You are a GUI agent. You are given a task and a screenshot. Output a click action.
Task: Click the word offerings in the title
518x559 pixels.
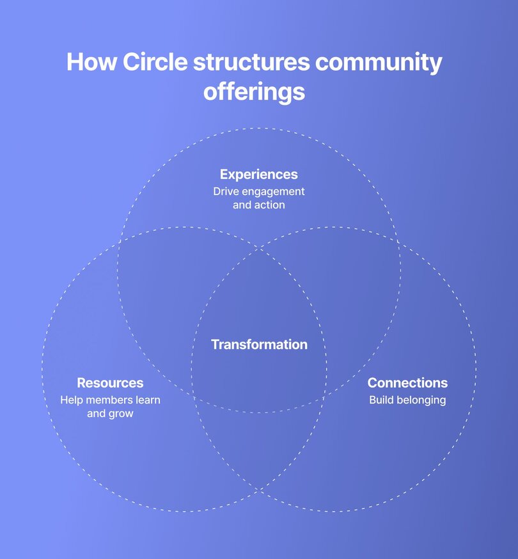pos(254,92)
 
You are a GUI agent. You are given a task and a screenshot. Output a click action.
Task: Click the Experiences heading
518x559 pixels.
pos(258,174)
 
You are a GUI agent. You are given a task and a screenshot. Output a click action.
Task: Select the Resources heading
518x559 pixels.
pos(110,382)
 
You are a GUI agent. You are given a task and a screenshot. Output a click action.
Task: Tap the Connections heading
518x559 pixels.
pos(407,382)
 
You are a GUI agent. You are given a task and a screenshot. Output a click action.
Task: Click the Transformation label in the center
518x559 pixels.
pos(259,344)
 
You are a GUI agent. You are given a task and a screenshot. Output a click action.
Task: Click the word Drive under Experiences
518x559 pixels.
pos(225,191)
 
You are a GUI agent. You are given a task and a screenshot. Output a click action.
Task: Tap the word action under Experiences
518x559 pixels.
pos(269,205)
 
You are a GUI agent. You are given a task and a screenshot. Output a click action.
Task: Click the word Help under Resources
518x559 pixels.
pos(72,400)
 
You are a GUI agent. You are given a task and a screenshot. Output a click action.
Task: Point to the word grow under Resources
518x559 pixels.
pos(121,414)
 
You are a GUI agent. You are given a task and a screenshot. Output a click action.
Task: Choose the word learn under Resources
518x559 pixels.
pos(147,400)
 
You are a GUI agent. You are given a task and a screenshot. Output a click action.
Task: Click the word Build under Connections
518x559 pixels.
pos(382,400)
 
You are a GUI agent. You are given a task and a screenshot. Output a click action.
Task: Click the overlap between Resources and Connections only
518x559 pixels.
pos(259,448)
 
